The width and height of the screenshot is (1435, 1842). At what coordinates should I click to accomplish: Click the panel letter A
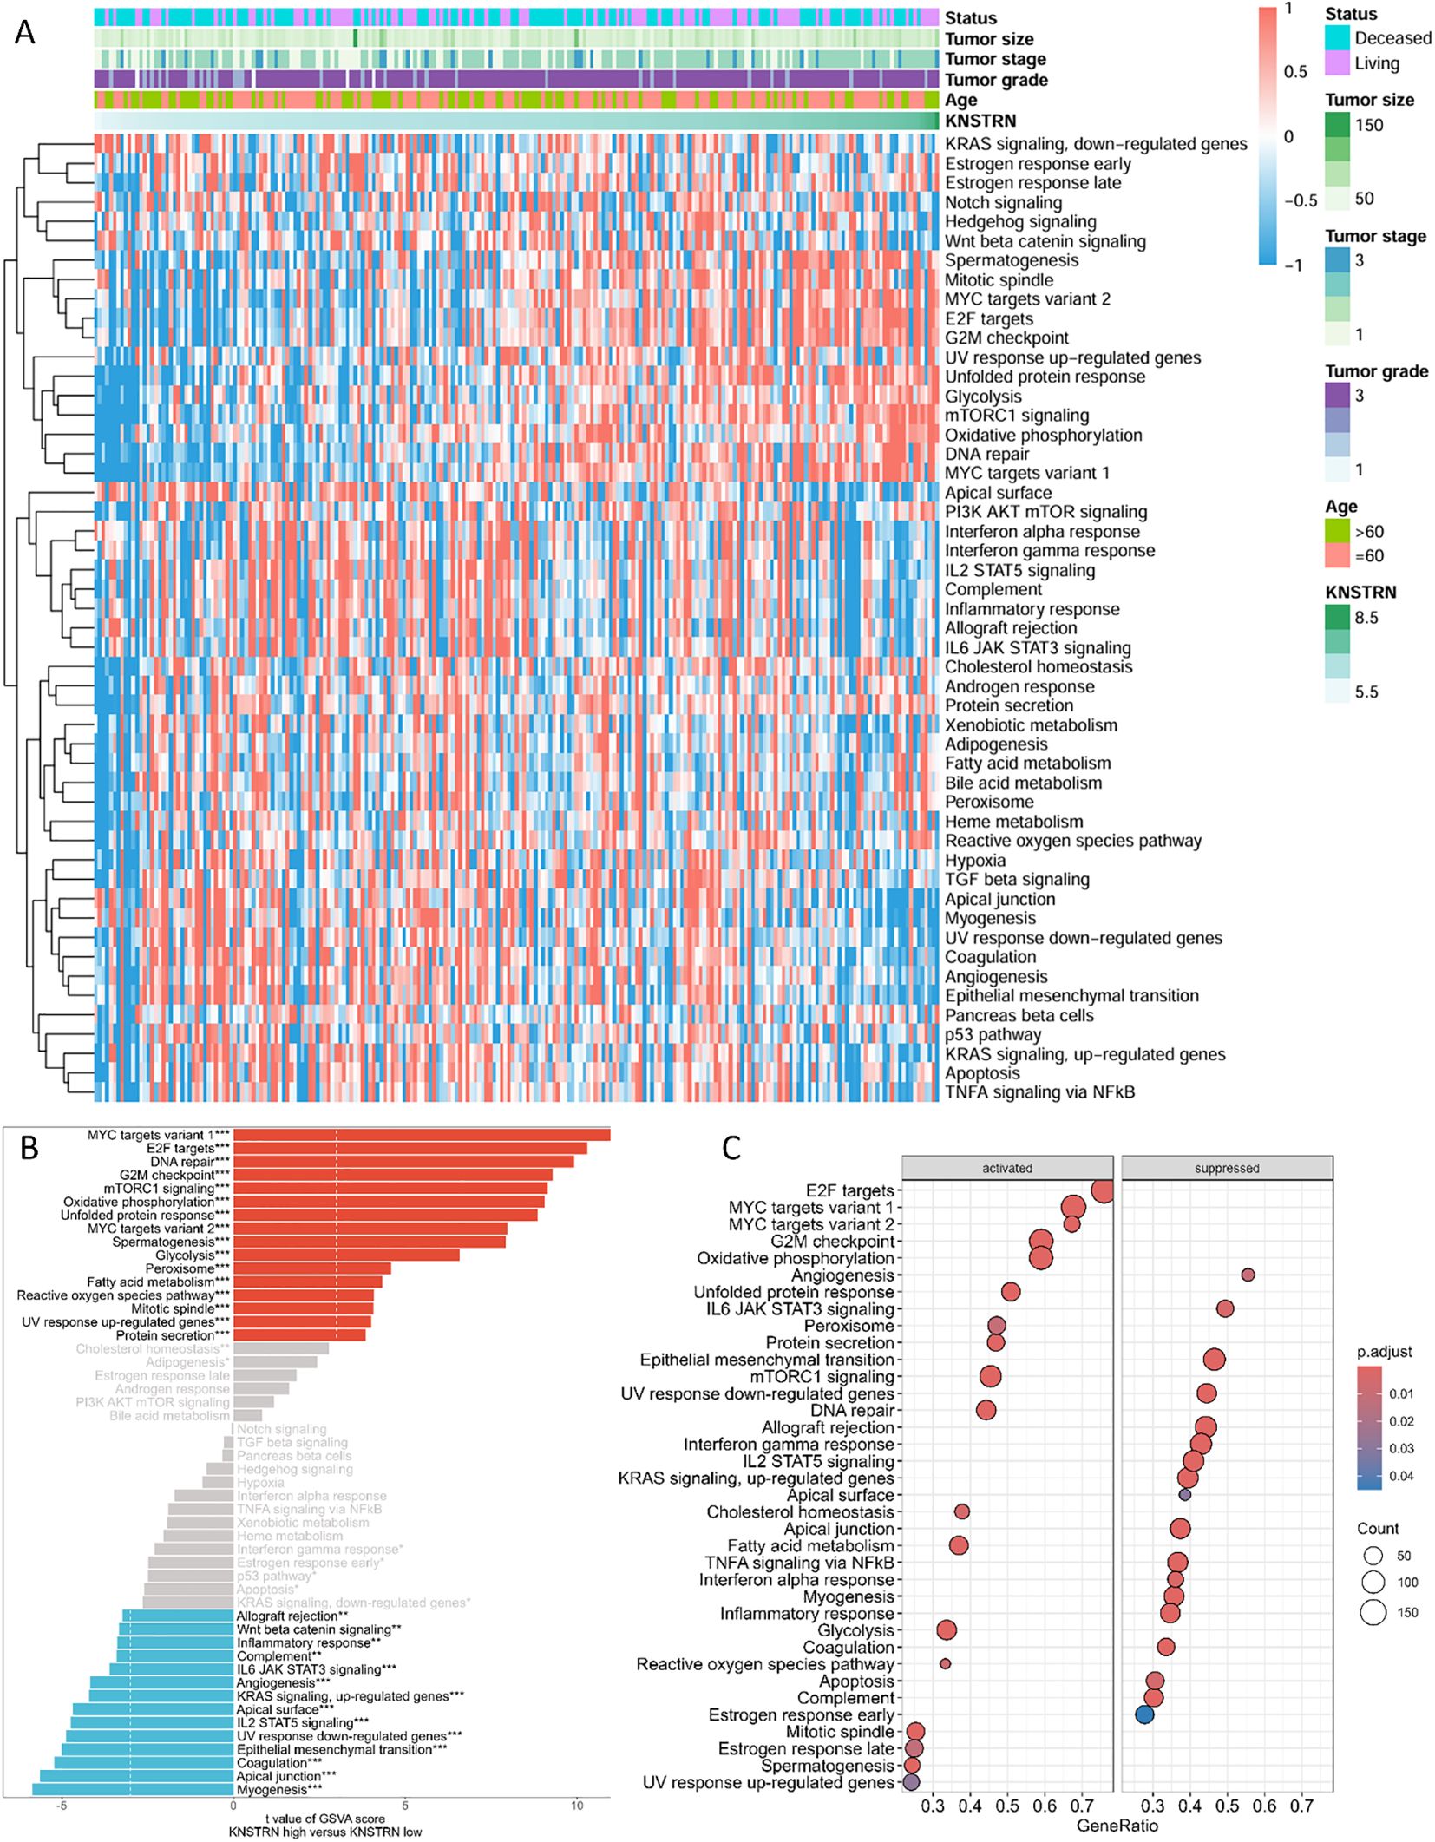point(25,32)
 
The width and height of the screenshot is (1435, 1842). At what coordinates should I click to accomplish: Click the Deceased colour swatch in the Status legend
point(1337,37)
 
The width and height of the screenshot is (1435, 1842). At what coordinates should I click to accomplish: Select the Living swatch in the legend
point(1337,62)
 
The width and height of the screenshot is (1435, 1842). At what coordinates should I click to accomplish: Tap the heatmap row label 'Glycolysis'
point(983,397)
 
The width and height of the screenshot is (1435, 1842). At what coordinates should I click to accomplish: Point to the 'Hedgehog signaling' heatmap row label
point(1020,222)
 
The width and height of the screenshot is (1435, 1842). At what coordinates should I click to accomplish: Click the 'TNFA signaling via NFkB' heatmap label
point(1039,1092)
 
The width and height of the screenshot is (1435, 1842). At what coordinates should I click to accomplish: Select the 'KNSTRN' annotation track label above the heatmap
point(980,121)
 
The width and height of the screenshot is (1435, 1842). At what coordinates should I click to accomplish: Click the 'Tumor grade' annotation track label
point(996,81)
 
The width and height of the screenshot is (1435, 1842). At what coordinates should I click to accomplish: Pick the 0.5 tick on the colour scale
point(1295,72)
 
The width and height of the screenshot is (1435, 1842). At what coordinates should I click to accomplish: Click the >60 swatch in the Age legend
point(1337,531)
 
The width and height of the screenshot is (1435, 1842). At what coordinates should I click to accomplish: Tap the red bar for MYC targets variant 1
point(422,1135)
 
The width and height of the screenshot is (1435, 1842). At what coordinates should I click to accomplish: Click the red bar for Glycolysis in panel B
point(346,1255)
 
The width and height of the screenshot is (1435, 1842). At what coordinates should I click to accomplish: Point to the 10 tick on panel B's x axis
point(577,1806)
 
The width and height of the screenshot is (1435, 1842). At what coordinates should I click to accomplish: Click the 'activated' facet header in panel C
point(1006,1169)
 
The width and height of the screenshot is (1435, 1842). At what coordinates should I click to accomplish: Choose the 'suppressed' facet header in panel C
point(1226,1169)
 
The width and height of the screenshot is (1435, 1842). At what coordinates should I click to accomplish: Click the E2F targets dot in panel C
point(1103,1190)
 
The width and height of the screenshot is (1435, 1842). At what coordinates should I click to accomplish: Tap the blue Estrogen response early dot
point(1145,1714)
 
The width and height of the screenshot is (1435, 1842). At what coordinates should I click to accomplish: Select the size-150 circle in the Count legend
point(1373,1612)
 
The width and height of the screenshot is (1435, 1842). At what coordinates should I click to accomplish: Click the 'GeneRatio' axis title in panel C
point(1117,1826)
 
